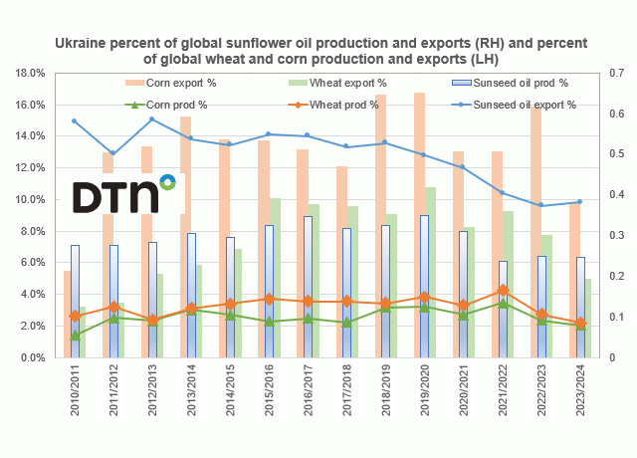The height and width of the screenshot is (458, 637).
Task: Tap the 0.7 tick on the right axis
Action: (609, 74)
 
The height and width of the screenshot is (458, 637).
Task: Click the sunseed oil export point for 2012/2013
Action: (152, 119)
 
